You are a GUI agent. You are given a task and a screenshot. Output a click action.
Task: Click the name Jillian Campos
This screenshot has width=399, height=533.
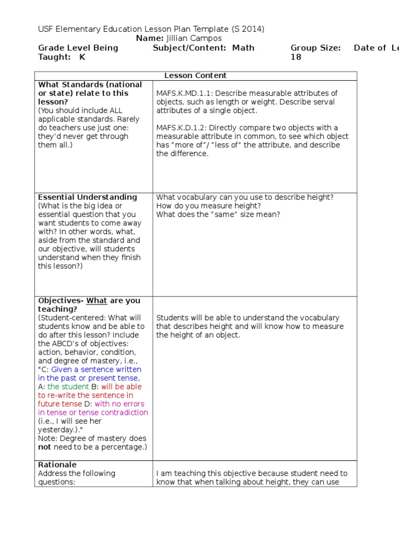coord(193,39)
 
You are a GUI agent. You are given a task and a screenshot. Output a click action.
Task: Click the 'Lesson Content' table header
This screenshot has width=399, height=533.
coord(195,75)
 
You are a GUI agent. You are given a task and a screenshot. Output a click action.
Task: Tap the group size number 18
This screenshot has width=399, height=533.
coord(296,57)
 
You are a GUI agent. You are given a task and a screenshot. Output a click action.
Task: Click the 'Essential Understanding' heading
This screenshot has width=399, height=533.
coord(88,197)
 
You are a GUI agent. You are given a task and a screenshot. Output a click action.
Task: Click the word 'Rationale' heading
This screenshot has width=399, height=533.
coord(57,465)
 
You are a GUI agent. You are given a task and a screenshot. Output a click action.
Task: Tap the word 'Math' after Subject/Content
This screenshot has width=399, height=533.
coord(244,48)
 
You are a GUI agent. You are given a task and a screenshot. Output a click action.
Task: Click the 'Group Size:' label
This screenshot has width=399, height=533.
coord(315,48)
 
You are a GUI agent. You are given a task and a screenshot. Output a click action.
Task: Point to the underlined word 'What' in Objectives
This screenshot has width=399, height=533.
coord(96,301)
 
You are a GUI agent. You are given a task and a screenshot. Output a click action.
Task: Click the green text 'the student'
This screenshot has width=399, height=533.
coord(68,387)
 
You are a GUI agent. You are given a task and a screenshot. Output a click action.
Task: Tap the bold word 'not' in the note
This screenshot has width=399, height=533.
coord(45,447)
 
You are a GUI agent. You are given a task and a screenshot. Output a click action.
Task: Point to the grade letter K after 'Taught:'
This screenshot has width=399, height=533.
coord(82,57)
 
